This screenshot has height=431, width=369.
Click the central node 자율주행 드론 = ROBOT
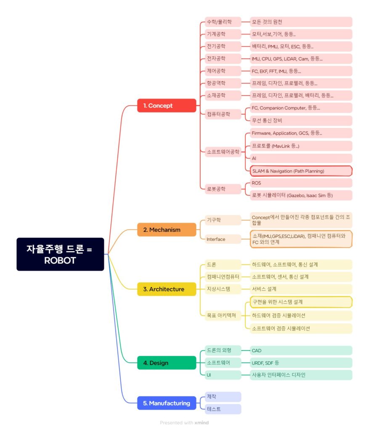60,254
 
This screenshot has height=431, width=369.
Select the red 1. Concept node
167,106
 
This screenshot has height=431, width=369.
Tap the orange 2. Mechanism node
167,230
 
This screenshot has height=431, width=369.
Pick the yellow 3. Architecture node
167,289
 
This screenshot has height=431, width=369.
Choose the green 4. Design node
167,363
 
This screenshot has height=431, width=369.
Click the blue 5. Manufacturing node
167,403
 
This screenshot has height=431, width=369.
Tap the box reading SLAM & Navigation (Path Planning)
300,171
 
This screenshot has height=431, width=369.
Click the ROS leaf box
300,183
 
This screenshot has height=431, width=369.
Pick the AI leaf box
300,158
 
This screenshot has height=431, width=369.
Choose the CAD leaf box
300,351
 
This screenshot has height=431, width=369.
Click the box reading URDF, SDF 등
300,363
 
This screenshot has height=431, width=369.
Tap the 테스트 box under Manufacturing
223,409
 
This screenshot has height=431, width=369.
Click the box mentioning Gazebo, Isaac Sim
300,195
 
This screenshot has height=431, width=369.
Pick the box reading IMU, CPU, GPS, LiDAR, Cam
300,59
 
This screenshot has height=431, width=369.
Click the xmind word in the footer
202,423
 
